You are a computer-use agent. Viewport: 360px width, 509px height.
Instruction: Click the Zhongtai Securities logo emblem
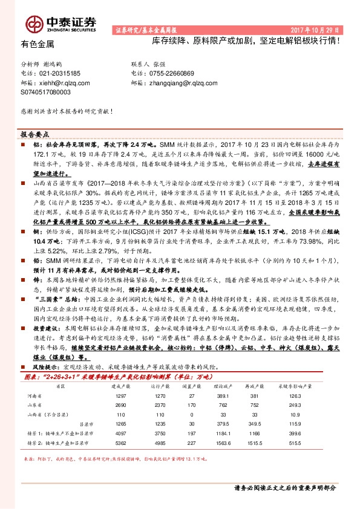pyautogui.click(x=33, y=24)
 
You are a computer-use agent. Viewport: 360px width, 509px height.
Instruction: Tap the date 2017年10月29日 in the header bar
pyautogui.click(x=318, y=29)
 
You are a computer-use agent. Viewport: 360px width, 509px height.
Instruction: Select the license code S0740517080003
pyautogui.click(x=45, y=92)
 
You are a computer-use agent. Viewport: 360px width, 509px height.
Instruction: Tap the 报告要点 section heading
pyautogui.click(x=34, y=135)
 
